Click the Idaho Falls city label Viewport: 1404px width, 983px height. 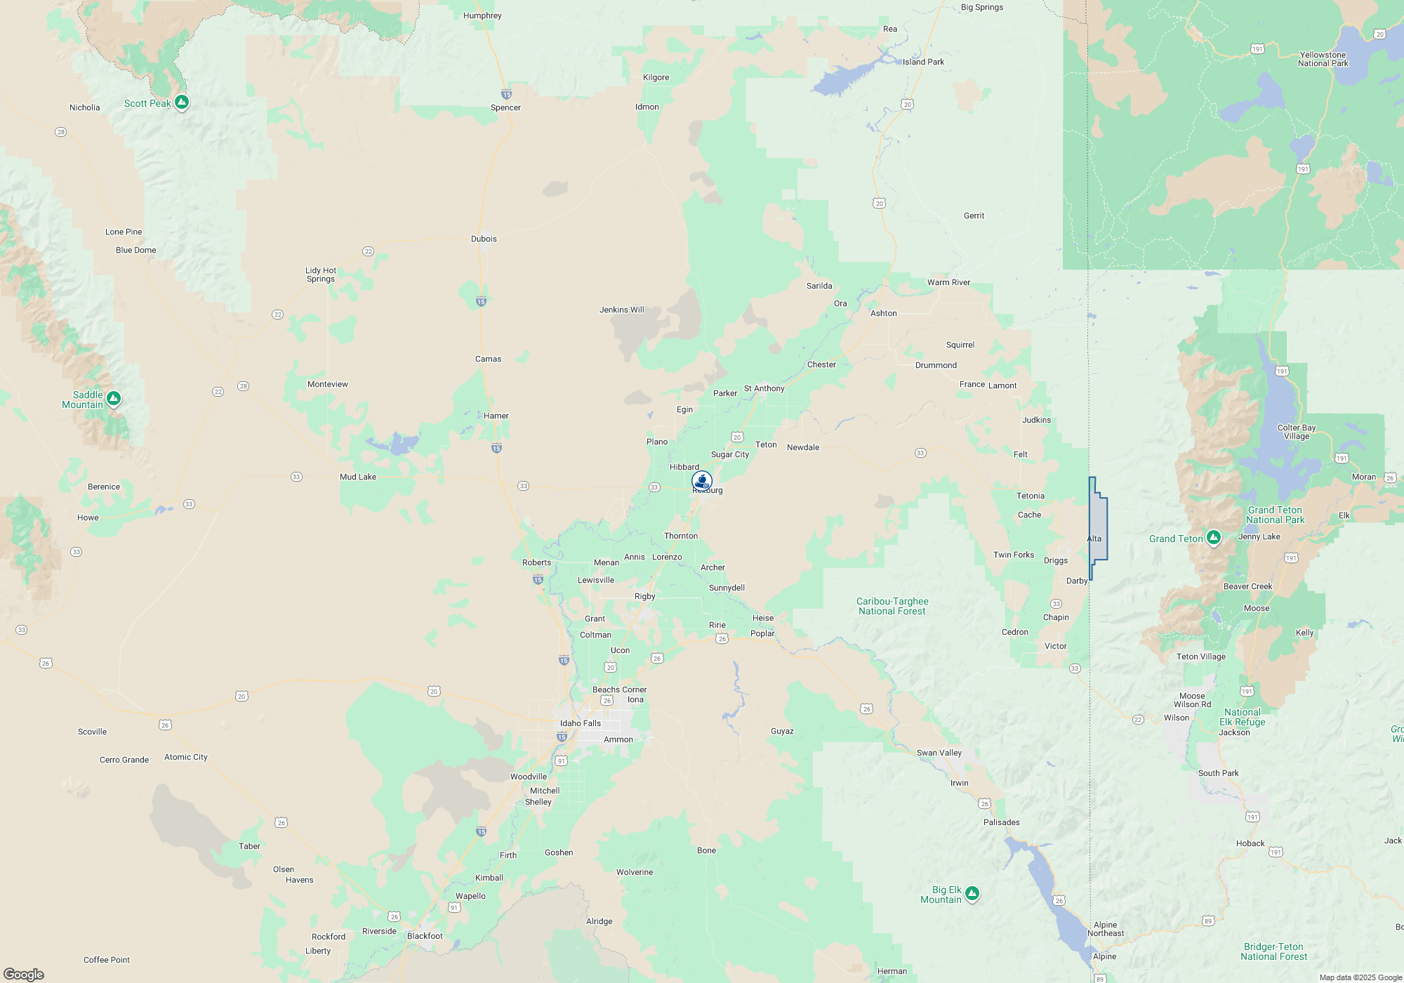tap(581, 723)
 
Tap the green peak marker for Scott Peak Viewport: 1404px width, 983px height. tap(182, 103)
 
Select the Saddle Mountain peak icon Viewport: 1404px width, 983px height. tap(114, 399)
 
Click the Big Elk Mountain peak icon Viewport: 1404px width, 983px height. tap(972, 893)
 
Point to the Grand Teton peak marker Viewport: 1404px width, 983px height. tap(1214, 538)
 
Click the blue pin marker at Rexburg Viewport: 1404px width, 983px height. tap(702, 481)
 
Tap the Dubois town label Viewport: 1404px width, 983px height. tap(484, 239)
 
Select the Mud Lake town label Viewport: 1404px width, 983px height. tap(358, 477)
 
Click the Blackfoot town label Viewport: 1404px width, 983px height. tap(425, 936)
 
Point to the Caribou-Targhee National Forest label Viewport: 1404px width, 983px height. tap(892, 606)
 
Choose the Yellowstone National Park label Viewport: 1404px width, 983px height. tap(1323, 59)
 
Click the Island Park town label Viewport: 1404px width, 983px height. tap(923, 62)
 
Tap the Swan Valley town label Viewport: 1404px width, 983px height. tap(939, 753)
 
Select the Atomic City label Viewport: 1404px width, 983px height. tap(186, 757)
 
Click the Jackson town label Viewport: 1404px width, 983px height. tap(1234, 732)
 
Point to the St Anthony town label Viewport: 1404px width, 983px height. tap(764, 388)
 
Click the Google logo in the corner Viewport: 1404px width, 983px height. tap(24, 974)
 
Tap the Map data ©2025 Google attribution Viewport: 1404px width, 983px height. tap(1360, 977)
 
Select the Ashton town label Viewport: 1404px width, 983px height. tap(884, 313)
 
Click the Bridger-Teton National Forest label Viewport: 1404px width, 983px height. tap(1273, 951)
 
